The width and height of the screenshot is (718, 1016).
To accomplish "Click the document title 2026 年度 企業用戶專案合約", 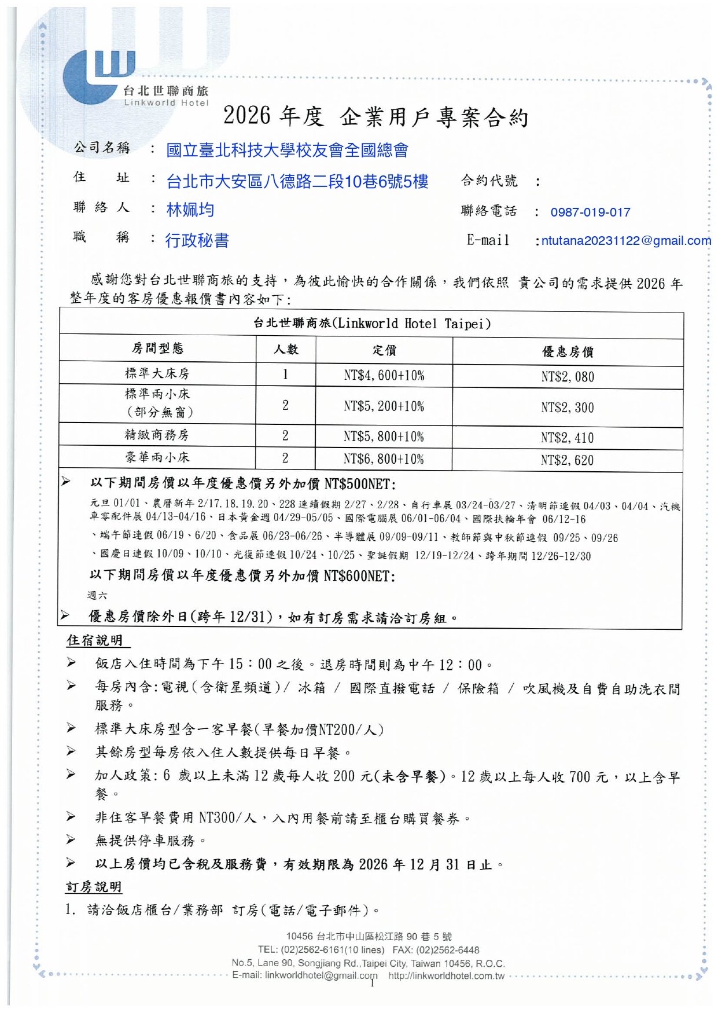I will pyautogui.click(x=376, y=116).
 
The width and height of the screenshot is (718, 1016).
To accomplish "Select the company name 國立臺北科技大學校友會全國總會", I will pyautogui.click(x=287, y=151).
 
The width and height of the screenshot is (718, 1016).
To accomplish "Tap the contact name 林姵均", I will pyautogui.click(x=190, y=210).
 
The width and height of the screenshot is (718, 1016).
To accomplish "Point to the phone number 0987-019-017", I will pyautogui.click(x=590, y=212).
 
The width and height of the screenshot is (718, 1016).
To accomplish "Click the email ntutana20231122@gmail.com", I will pyautogui.click(x=626, y=241).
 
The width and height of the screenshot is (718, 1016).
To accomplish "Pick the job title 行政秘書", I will pyautogui.click(x=197, y=240).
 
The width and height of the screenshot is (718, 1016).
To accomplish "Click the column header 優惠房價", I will pyautogui.click(x=567, y=351).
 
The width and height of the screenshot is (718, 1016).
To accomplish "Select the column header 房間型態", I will pyautogui.click(x=157, y=349).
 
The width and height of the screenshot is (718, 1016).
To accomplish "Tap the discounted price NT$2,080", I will pyautogui.click(x=568, y=377).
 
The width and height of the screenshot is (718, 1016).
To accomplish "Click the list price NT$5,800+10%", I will pyautogui.click(x=384, y=437).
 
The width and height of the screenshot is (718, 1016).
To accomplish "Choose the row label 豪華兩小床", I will pyautogui.click(x=157, y=457).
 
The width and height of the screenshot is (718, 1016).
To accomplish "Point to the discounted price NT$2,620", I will pyautogui.click(x=567, y=460).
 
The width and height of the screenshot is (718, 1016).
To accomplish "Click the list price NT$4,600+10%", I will pyautogui.click(x=384, y=375).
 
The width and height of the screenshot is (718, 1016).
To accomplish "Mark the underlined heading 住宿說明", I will pyautogui.click(x=95, y=640).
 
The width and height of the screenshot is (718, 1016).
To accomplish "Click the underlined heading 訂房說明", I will pyautogui.click(x=94, y=887).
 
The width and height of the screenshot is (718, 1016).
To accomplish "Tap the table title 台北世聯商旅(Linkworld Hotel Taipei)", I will pyautogui.click(x=371, y=323).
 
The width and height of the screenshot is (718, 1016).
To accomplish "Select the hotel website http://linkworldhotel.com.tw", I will pyautogui.click(x=446, y=976).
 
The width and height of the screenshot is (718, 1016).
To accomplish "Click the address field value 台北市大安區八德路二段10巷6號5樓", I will pyautogui.click(x=297, y=182).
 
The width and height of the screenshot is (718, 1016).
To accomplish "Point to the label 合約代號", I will pyautogui.click(x=489, y=181).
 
